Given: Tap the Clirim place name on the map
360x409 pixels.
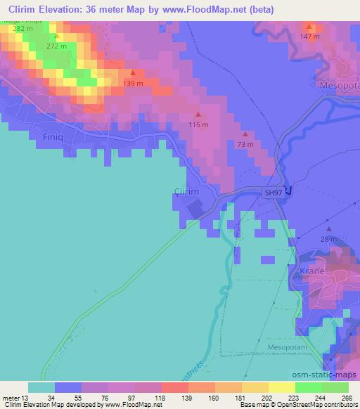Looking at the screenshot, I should [x=186, y=191].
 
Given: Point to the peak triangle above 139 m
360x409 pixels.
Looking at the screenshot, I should [x=132, y=72].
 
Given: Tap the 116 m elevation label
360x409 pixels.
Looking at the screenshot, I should [x=199, y=124].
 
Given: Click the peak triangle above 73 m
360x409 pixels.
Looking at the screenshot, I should [x=245, y=134].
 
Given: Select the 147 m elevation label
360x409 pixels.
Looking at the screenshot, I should [x=310, y=36].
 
